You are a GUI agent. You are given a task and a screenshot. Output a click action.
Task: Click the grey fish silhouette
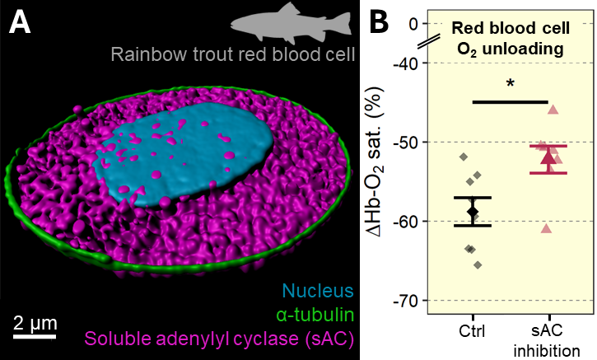point(292,22)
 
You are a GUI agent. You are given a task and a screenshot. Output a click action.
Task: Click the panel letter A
point(20,22)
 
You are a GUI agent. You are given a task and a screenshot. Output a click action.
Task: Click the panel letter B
point(380,21)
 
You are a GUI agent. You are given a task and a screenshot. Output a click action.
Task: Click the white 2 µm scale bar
point(35,336)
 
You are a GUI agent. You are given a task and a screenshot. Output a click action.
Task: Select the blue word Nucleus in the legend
point(318,291)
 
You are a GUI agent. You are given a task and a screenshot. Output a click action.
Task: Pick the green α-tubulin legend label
point(315,315)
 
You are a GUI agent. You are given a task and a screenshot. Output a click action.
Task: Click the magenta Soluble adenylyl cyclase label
point(219,339)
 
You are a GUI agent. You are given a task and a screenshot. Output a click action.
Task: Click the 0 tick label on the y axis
point(413,24)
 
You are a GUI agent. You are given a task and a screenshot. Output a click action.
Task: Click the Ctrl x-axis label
point(472,331)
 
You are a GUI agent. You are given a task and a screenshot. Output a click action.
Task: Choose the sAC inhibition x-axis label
point(547,340)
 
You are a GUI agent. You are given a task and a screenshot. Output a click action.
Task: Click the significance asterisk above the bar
point(511,84)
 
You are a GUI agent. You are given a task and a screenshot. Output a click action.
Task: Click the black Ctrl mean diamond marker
point(473,211)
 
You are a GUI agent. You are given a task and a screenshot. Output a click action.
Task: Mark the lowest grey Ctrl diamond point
point(478,265)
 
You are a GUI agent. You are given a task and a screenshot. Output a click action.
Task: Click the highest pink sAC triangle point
point(553,110)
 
